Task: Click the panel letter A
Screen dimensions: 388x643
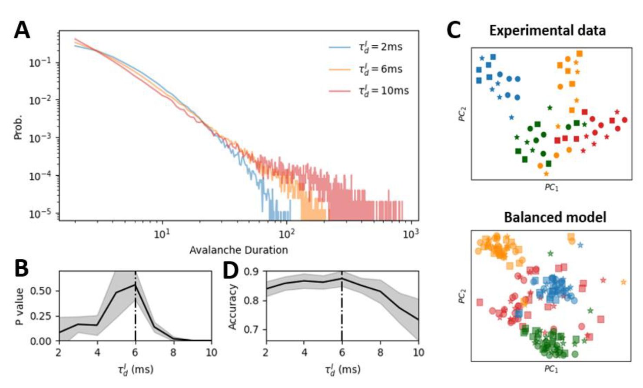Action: (22, 30)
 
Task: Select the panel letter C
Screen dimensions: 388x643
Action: (454, 30)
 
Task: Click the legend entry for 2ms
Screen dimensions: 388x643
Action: (380, 47)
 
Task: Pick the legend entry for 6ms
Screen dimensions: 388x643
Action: (380, 69)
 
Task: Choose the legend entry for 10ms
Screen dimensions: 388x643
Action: (383, 90)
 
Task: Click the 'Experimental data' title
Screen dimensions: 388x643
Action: (547, 30)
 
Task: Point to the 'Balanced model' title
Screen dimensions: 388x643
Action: (555, 217)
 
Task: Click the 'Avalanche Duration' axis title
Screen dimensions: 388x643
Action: (239, 250)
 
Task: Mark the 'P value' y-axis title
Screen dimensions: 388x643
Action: (20, 306)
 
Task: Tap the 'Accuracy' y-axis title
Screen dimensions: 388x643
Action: (232, 307)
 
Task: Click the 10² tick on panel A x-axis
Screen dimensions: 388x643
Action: (286, 234)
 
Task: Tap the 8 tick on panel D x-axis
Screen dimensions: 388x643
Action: (381, 352)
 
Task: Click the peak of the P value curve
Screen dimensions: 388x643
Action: (136, 284)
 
